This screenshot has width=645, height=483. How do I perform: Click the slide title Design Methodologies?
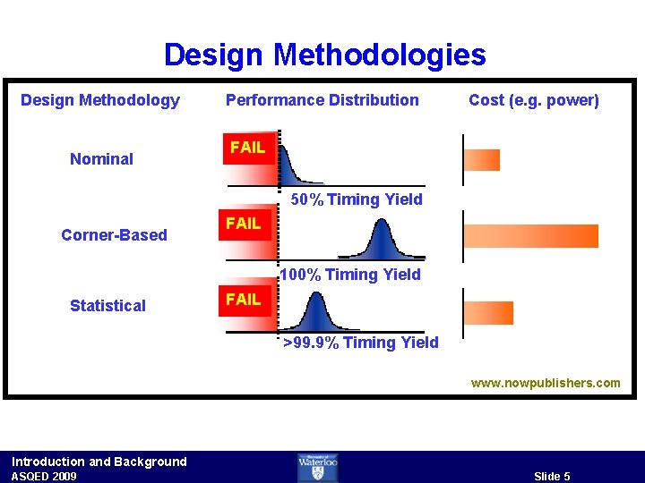[x=324, y=55]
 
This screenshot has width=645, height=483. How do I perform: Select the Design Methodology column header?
[x=100, y=100]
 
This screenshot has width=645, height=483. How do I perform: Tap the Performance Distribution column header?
[x=322, y=100]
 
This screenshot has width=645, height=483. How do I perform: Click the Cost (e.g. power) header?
[x=533, y=100]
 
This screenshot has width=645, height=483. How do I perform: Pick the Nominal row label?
[x=101, y=159]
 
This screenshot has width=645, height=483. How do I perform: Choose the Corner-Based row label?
[x=114, y=235]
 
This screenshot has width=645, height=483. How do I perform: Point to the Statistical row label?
[x=107, y=306]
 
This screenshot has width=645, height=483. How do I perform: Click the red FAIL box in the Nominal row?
[x=248, y=148]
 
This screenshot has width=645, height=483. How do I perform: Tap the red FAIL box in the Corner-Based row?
[x=244, y=224]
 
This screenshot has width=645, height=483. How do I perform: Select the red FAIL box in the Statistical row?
[x=244, y=300]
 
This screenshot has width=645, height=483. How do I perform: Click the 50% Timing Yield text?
[x=357, y=199]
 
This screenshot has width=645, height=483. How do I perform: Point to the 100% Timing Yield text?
[x=350, y=275]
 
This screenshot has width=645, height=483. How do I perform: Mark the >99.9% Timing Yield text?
[x=361, y=343]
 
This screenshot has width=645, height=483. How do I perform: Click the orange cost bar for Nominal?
[x=482, y=159]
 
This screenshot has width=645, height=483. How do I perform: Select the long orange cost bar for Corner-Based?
[x=530, y=235]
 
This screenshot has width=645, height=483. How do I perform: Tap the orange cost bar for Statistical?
[x=488, y=312]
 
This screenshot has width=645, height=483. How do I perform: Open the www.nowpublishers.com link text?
[x=546, y=383]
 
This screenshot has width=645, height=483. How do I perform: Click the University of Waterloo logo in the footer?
[x=318, y=467]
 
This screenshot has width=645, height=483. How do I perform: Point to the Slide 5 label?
[x=552, y=476]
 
